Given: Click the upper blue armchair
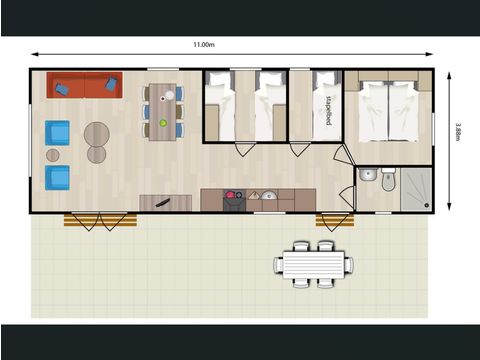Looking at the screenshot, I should pyautogui.click(x=57, y=132).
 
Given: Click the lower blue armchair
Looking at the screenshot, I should pyautogui.click(x=58, y=177).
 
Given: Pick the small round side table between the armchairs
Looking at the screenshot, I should pyautogui.click(x=52, y=155).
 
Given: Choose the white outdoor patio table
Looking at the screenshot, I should pyautogui.click(x=313, y=265).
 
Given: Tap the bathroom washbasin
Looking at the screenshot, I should pyautogui.click(x=367, y=176).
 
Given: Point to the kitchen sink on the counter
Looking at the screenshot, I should pyautogui.click(x=267, y=196).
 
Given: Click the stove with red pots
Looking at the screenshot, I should pyautogui.click(x=233, y=198).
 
